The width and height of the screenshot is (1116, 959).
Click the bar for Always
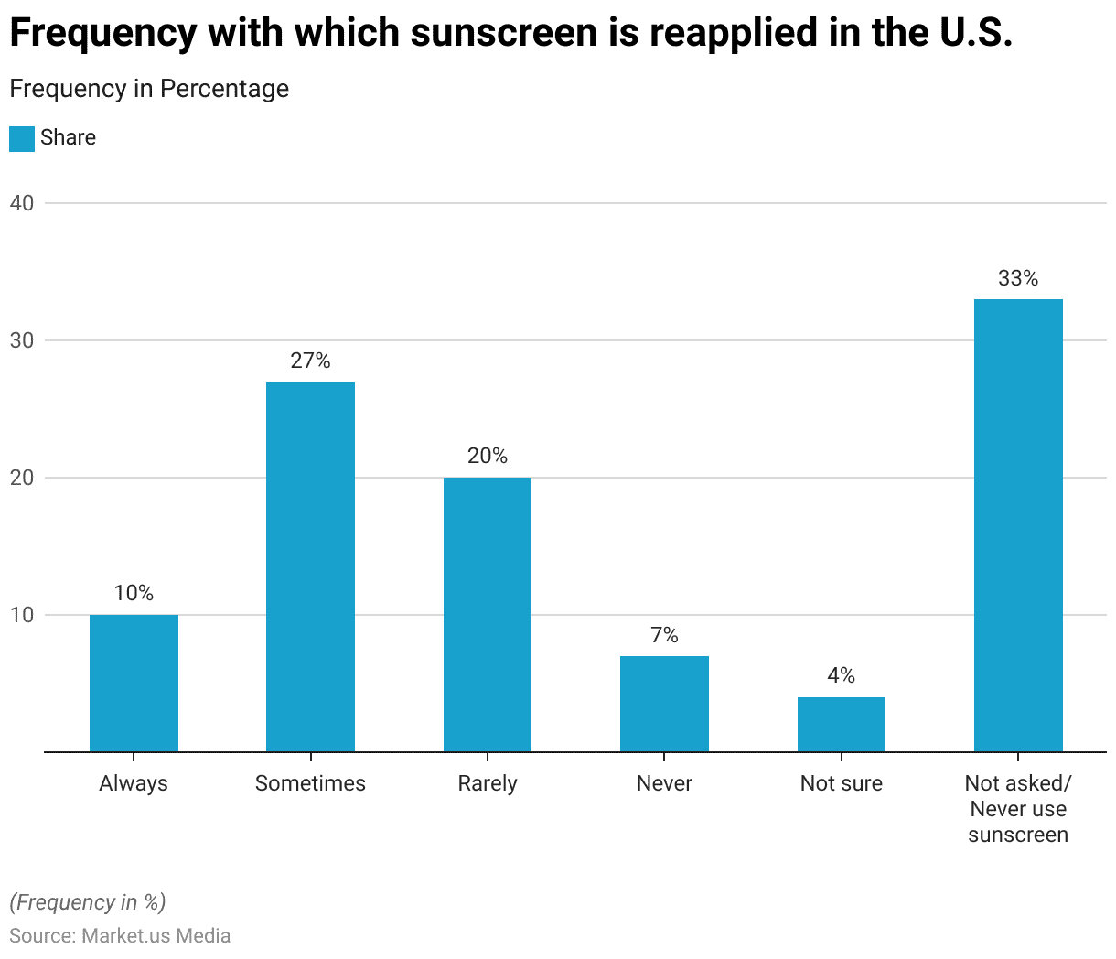click(x=134, y=683)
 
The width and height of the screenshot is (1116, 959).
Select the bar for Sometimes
click(x=310, y=566)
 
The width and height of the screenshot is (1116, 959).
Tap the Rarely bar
click(x=488, y=614)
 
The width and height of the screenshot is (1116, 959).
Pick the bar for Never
click(x=664, y=704)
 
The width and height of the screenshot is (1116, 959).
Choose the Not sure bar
click(x=842, y=724)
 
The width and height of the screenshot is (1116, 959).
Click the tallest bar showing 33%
click(x=1018, y=525)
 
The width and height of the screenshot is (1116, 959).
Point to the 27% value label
click(x=310, y=361)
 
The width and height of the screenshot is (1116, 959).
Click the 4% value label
click(x=842, y=675)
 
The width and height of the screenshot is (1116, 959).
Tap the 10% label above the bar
click(x=134, y=593)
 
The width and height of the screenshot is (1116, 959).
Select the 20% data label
click(x=488, y=456)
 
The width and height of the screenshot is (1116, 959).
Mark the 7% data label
click(x=664, y=635)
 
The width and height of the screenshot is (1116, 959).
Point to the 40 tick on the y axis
click(x=22, y=203)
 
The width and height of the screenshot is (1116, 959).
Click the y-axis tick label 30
click(x=22, y=340)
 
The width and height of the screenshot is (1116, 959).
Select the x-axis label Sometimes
click(x=310, y=783)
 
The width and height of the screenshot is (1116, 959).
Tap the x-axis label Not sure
click(x=842, y=783)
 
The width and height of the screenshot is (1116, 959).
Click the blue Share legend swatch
click(x=22, y=138)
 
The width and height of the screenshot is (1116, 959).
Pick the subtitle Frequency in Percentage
click(x=149, y=89)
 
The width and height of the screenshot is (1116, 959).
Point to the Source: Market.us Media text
click(x=120, y=936)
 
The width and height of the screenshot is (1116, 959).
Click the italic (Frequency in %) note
click(x=88, y=902)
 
